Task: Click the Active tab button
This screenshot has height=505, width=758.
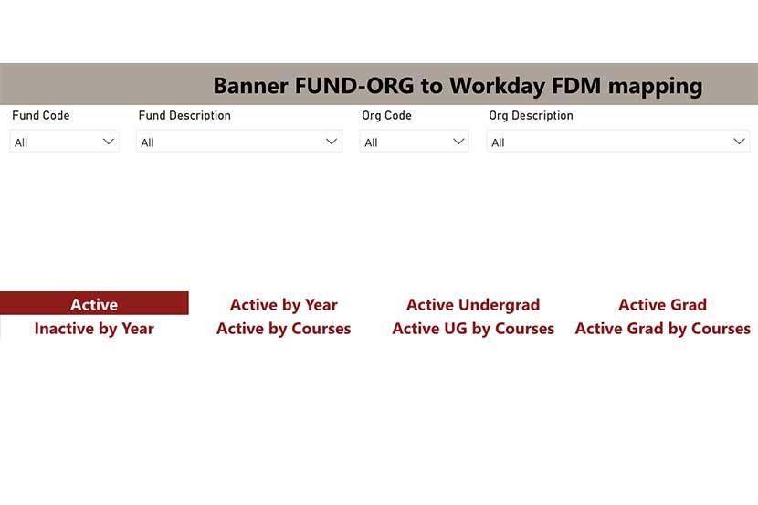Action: point(94,304)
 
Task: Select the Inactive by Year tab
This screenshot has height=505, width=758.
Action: point(94,329)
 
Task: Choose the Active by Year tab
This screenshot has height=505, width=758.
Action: point(283,305)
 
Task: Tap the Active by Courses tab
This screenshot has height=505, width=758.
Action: point(283,329)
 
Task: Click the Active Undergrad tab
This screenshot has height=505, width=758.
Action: point(473,305)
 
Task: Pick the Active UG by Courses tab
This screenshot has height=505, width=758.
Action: point(473,329)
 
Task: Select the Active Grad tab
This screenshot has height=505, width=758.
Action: point(662,305)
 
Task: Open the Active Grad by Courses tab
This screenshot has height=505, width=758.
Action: point(662,329)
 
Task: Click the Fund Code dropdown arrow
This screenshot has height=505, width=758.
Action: point(109,142)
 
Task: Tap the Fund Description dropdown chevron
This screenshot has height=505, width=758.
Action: point(332,142)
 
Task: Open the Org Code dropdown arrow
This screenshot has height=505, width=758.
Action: point(458,142)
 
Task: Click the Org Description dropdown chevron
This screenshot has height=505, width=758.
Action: point(739,142)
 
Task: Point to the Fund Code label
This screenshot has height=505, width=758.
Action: point(41,116)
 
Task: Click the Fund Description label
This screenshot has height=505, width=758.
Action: point(184,116)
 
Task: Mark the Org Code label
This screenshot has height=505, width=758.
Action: point(386,116)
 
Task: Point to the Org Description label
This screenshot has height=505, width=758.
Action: point(531,116)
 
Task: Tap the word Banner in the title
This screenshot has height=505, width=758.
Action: point(250,86)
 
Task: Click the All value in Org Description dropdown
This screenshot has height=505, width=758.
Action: point(498,142)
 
